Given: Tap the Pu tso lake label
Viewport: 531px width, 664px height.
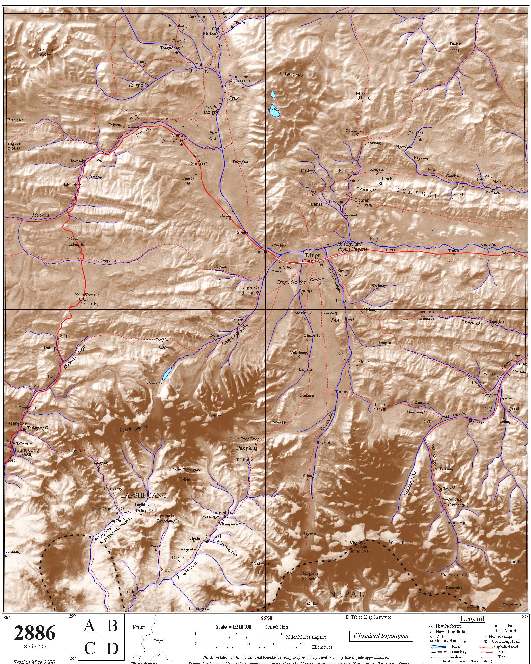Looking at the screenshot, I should tap(273, 109).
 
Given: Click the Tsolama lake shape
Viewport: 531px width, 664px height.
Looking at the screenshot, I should tap(166, 374).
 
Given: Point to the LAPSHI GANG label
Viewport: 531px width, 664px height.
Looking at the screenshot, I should tap(144, 495).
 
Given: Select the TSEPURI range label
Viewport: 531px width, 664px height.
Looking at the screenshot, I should tap(417, 193).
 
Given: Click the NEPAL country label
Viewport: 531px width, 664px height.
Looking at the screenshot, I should tap(347, 594).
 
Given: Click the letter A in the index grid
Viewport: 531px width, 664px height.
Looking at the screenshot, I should tap(89, 626).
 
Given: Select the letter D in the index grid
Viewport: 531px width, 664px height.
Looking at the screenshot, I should tap(112, 649).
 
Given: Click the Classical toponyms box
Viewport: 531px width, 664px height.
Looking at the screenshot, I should tap(381, 636).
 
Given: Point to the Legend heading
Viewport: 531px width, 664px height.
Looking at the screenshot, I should tap(472, 619).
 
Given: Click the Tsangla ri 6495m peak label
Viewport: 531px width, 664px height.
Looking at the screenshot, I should tap(45, 52).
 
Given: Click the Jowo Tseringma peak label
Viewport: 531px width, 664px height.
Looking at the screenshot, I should tap(186, 470).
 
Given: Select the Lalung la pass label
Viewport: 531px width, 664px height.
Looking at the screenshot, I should tap(76, 244).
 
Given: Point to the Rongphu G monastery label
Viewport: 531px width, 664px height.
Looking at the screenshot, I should tap(446, 487).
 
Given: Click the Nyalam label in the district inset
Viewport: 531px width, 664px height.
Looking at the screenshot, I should tap(139, 627).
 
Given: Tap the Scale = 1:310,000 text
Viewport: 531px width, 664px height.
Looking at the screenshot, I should tap(234, 627).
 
